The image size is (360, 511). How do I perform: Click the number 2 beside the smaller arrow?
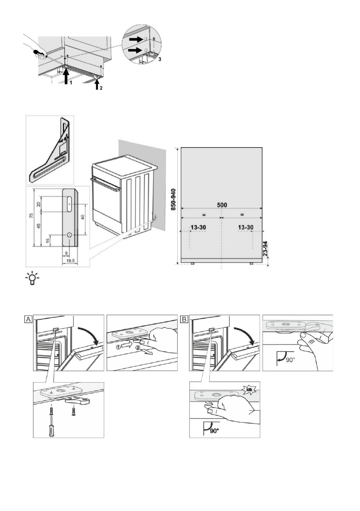102,88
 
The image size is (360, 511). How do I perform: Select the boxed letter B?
185,319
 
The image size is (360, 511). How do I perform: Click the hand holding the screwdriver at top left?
39,51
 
